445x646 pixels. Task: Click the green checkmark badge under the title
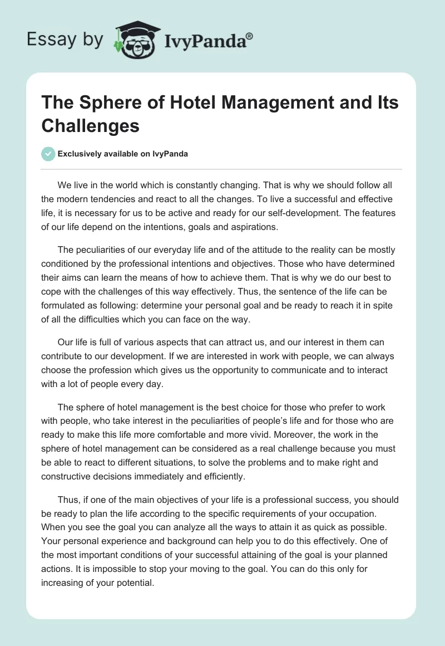click(48, 154)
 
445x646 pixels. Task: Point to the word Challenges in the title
click(91, 126)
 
